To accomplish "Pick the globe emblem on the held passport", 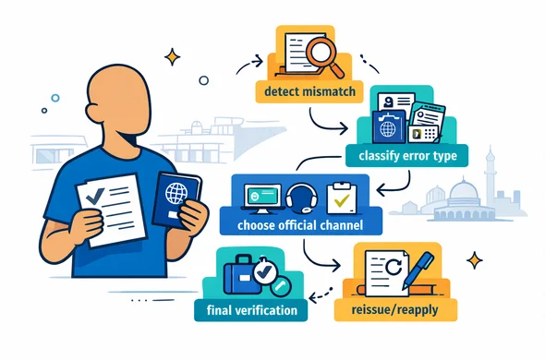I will pyautogui.click(x=176, y=195).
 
